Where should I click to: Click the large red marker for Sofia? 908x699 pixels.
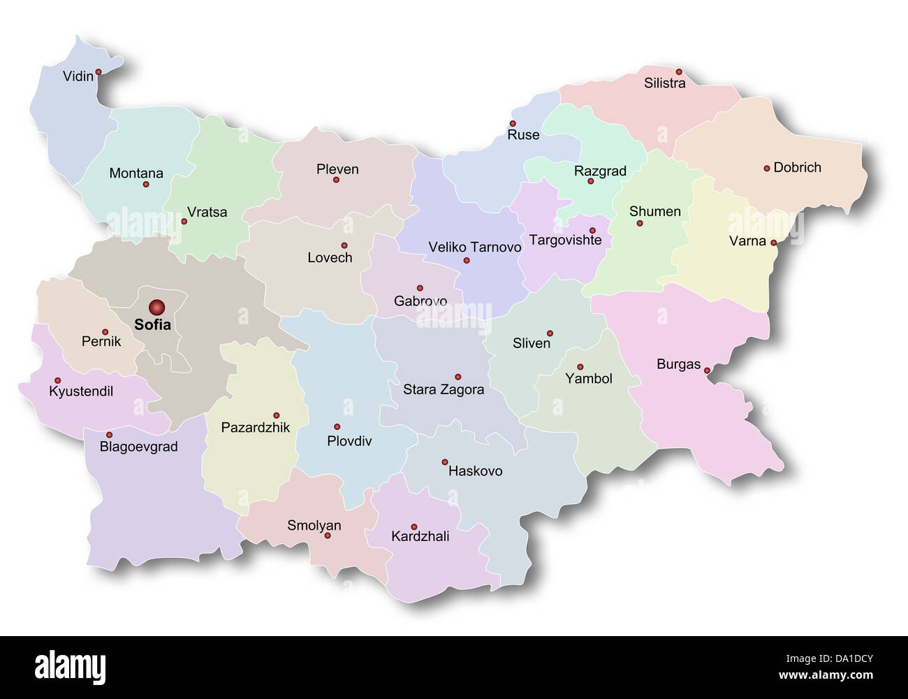click(x=156, y=307)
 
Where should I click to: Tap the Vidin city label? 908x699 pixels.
click(x=78, y=76)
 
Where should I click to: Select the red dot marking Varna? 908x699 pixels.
click(x=773, y=243)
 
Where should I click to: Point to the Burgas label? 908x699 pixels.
click(x=678, y=364)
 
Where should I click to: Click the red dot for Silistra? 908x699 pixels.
click(x=678, y=72)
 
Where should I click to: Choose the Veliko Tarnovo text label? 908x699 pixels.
click(x=474, y=247)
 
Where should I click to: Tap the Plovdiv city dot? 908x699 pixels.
click(x=337, y=426)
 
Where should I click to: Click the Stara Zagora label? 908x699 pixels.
click(x=443, y=389)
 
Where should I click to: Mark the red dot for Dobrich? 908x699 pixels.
click(x=766, y=168)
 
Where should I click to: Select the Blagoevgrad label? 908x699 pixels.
click(x=138, y=447)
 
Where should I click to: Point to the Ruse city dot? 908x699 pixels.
click(x=512, y=124)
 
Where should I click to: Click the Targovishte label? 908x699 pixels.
click(x=565, y=240)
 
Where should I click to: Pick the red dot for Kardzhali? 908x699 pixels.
click(x=413, y=527)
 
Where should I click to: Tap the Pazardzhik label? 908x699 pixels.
click(x=255, y=427)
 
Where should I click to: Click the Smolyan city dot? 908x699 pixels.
click(x=327, y=535)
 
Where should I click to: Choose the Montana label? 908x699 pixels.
click(x=136, y=173)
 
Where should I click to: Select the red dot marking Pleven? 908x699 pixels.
click(x=336, y=180)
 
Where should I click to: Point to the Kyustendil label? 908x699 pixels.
click(x=81, y=391)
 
